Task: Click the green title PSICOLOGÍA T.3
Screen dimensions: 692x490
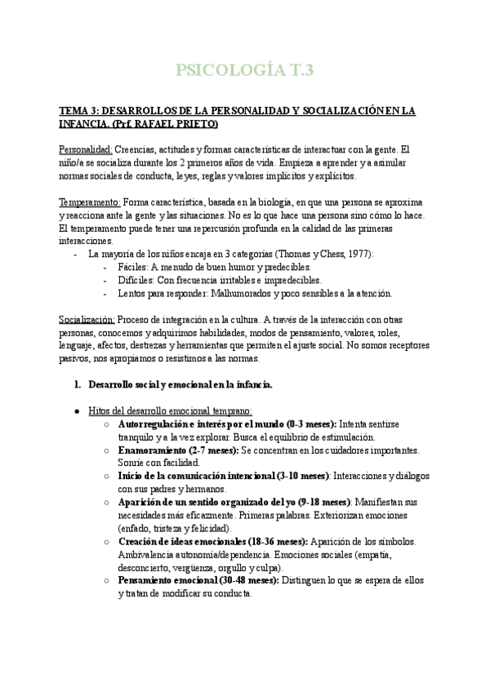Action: point(244,70)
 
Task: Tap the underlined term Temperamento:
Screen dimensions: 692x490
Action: point(90,202)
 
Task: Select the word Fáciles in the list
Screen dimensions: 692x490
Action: point(132,267)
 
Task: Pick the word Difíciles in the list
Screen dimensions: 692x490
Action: point(135,280)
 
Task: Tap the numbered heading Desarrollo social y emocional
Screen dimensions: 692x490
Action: point(180,384)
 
